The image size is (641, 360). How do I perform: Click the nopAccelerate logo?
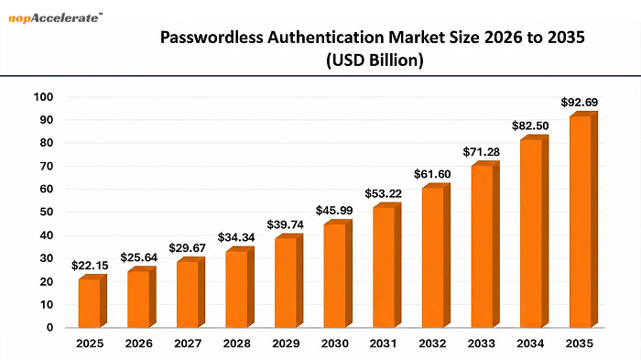[55, 15]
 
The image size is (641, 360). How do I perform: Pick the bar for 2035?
[581, 221]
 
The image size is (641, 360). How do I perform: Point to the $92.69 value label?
[580, 101]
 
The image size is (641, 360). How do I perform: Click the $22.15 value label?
[90, 266]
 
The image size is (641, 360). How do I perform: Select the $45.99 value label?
[335, 211]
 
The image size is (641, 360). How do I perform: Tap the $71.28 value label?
[482, 150]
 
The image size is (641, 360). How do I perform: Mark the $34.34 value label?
[237, 237]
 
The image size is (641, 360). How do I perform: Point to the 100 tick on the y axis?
[43, 97]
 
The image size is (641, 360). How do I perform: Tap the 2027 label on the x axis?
[188, 345]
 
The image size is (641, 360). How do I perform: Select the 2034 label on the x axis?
[531, 345]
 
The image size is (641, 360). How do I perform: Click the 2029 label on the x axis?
[286, 345]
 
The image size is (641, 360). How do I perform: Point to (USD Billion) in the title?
[373, 61]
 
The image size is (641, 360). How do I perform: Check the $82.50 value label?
[531, 125]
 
